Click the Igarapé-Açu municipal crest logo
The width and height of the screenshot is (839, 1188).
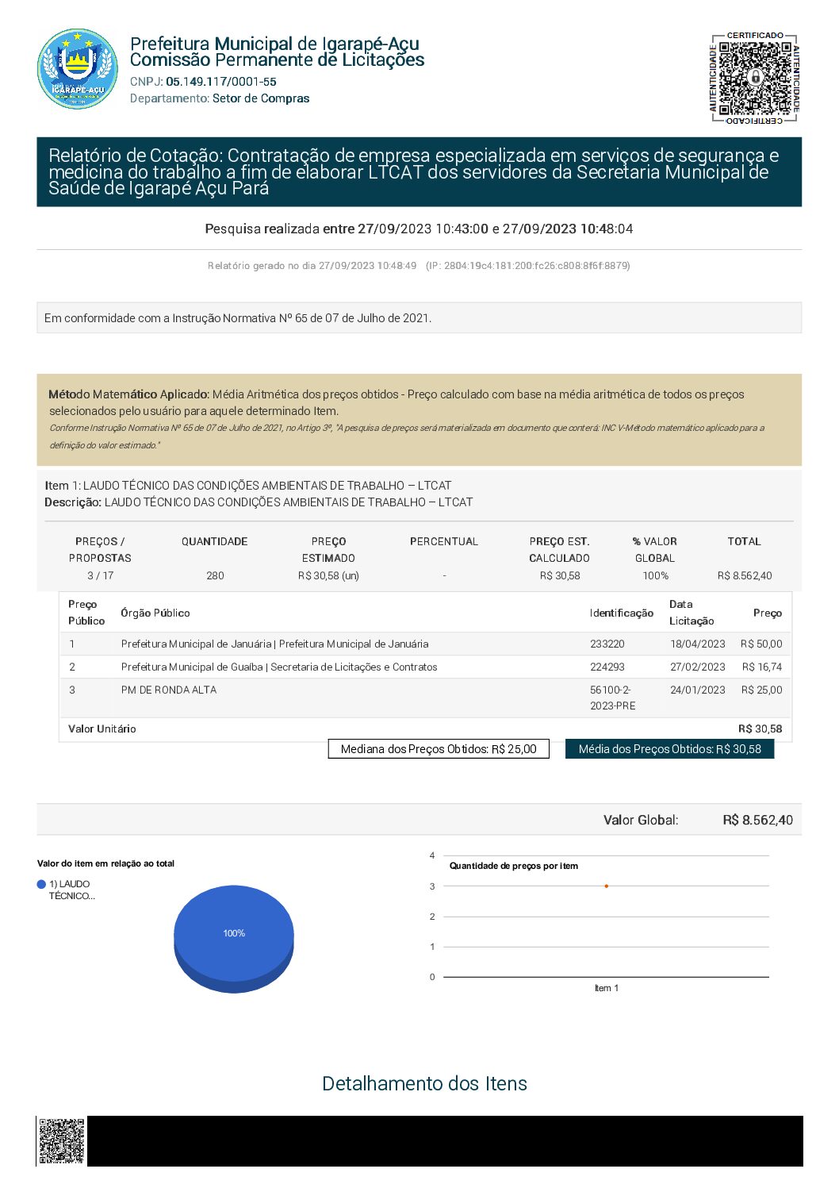tap(78, 69)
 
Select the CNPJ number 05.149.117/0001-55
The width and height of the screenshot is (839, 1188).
tap(221, 82)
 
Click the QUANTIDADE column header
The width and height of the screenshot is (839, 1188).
tap(214, 541)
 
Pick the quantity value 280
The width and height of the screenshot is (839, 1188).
tap(215, 575)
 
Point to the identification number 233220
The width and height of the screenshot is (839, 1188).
tap(607, 644)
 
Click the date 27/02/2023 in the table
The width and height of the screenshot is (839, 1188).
tap(697, 667)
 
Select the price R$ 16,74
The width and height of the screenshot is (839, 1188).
tap(761, 667)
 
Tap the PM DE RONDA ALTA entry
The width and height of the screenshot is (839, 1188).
tap(169, 690)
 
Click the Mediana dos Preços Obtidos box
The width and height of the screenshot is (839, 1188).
tap(439, 749)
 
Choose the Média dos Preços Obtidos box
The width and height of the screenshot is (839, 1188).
tap(669, 749)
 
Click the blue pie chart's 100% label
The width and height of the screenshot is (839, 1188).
tap(234, 933)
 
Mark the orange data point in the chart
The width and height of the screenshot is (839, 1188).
tap(607, 886)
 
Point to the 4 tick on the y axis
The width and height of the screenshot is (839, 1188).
tap(432, 855)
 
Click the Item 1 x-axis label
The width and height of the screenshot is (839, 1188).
tap(607, 988)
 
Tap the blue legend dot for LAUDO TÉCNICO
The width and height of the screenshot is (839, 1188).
tap(41, 884)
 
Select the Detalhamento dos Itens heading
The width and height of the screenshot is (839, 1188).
tap(424, 1083)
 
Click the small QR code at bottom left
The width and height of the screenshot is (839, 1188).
tap(61, 1141)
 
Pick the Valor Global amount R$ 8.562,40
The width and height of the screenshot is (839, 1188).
tap(757, 820)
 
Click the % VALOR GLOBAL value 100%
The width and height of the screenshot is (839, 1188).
tap(655, 575)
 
